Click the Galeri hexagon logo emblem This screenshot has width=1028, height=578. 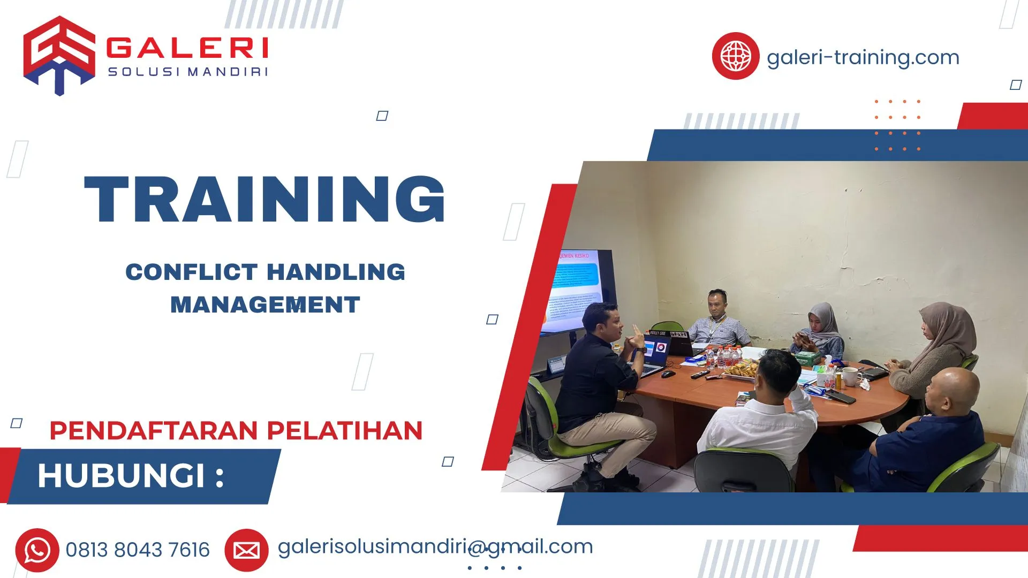pos(59,56)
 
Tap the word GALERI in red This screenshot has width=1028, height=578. pos(187,48)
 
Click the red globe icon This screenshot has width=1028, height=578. pos(735,56)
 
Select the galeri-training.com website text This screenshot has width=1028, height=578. pos(863,57)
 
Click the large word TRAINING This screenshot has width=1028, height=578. pos(265,199)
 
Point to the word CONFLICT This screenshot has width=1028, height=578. pos(192,272)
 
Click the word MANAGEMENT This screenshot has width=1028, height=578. pos(265,305)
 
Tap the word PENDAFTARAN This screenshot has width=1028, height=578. pos(154,431)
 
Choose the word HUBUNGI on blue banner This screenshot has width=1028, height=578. pos(122,476)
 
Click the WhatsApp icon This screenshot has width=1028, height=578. pos(37,550)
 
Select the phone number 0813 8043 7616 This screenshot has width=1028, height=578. pos(138,550)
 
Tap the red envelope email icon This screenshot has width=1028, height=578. pos(246,550)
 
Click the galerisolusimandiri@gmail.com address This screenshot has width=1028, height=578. pos(435,547)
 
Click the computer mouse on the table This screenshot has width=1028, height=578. pos(668,374)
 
